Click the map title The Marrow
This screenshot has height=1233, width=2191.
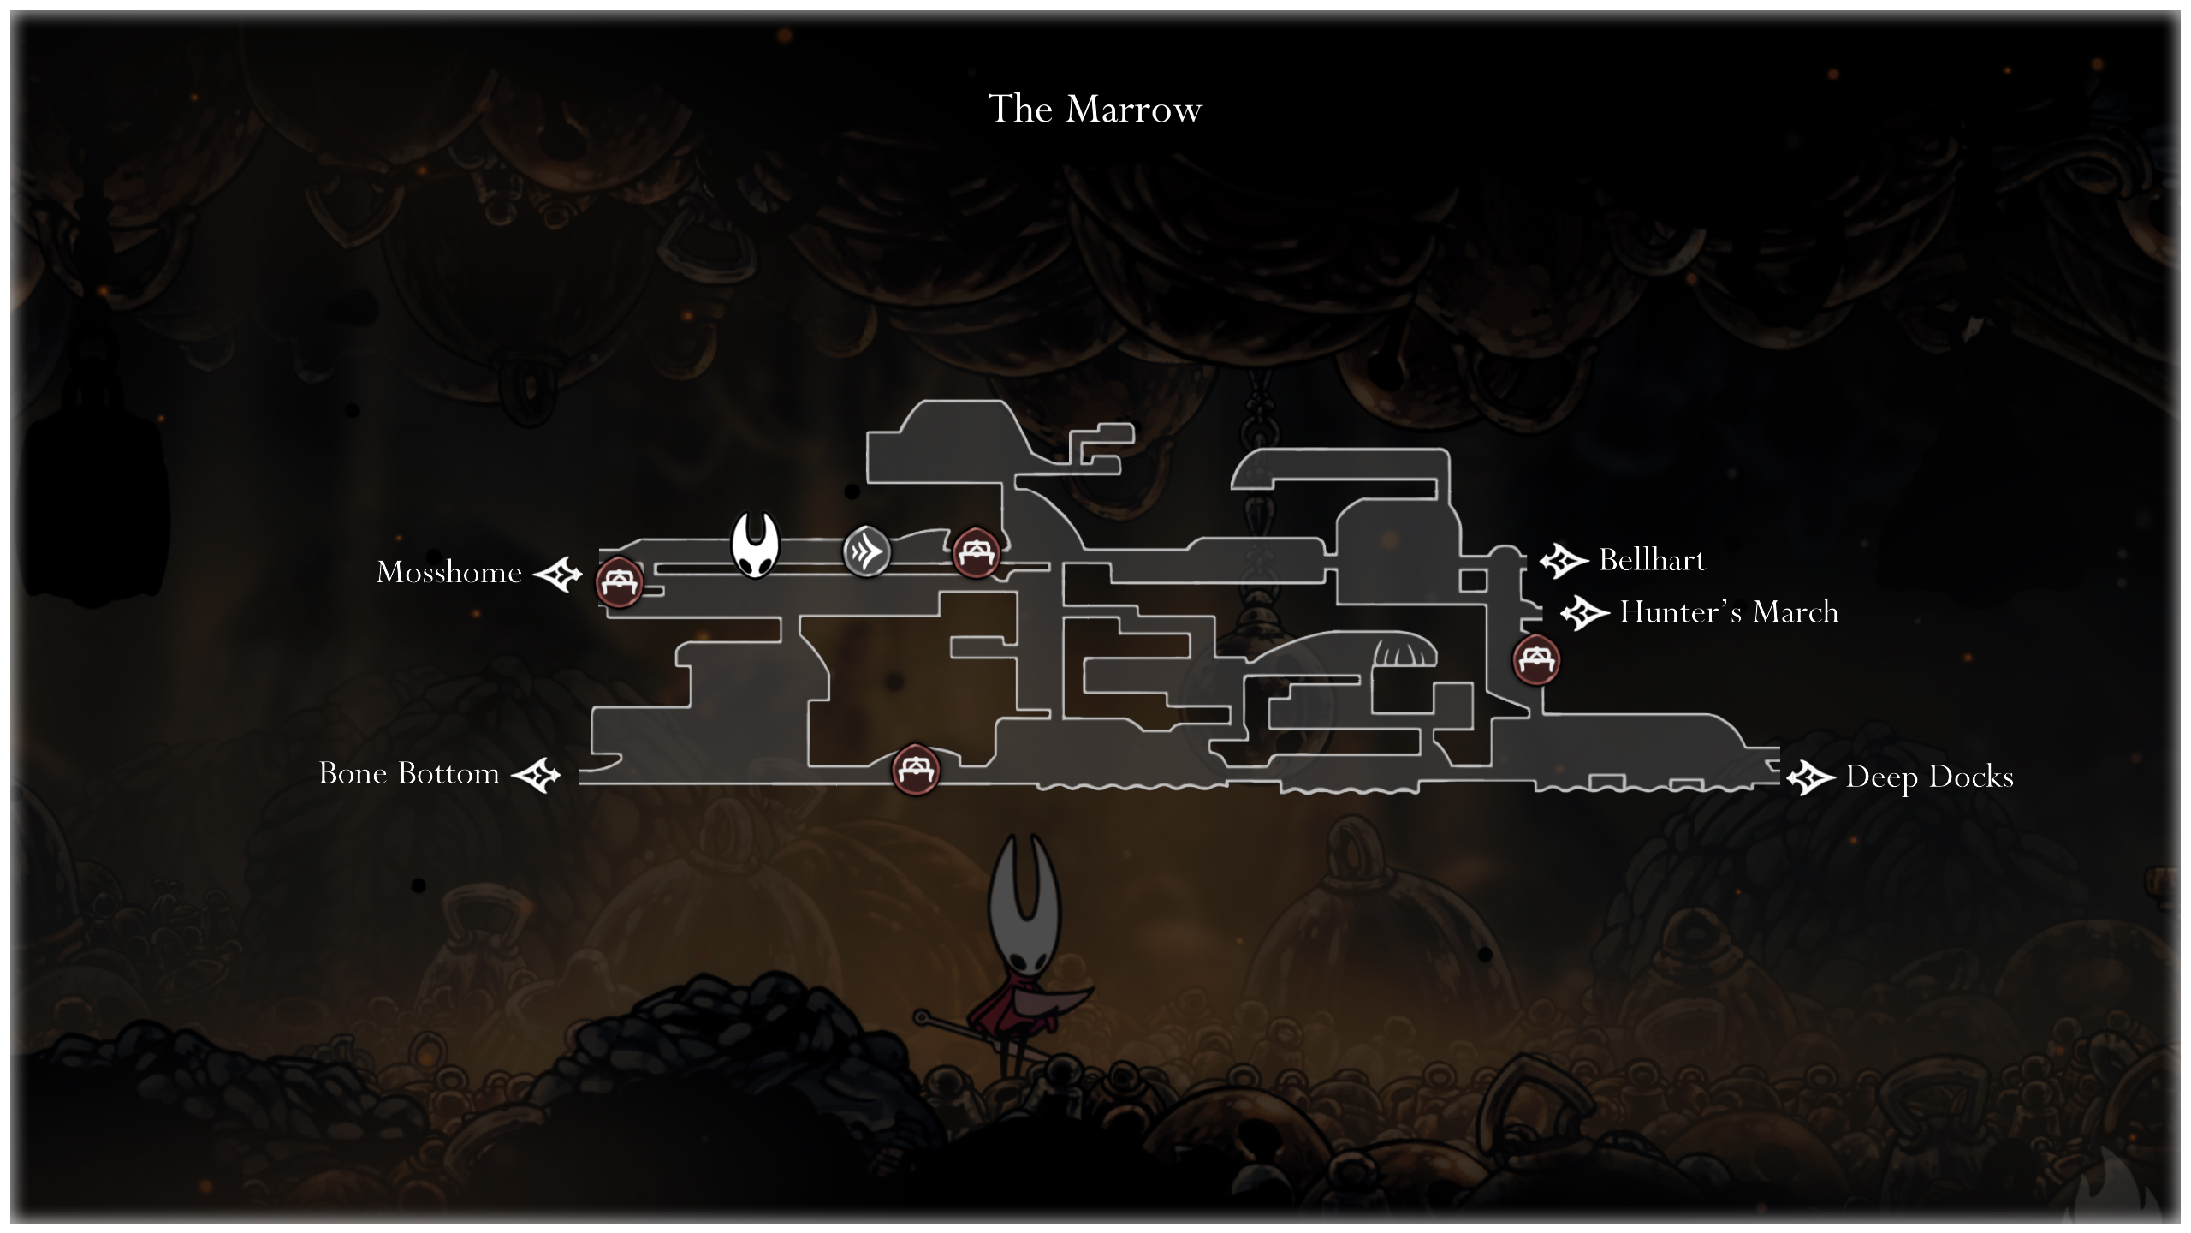click(1095, 110)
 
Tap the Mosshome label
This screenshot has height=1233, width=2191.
click(449, 572)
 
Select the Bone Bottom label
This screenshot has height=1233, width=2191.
click(409, 773)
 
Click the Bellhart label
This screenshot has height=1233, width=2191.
click(1652, 560)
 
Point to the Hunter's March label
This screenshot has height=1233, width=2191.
click(1729, 612)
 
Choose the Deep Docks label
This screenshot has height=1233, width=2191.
click(1929, 777)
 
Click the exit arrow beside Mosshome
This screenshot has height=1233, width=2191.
click(558, 574)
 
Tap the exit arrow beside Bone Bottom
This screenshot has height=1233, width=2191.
click(536, 776)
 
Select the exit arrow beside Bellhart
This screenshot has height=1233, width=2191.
click(1564, 561)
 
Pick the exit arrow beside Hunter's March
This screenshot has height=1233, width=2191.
click(1584, 613)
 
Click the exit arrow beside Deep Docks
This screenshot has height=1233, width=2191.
click(1810, 778)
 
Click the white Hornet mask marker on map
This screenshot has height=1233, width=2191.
click(755, 545)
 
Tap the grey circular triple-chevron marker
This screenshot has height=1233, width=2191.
click(866, 551)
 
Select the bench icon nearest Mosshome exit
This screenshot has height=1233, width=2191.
click(619, 582)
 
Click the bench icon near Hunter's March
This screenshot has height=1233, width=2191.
click(1536, 659)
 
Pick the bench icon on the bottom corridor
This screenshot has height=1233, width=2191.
click(915, 769)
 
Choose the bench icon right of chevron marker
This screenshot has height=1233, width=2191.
click(976, 552)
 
